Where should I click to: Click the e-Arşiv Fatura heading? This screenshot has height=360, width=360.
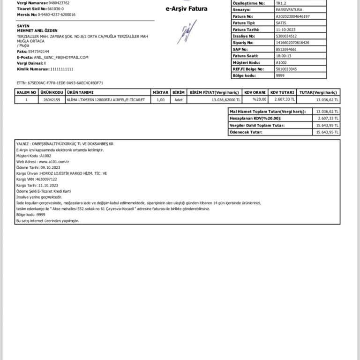pyautogui.click(x=187, y=8)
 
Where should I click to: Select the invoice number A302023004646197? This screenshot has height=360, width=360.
pyautogui.click(x=293, y=16)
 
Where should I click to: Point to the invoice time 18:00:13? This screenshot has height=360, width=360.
pyautogui.click(x=283, y=55)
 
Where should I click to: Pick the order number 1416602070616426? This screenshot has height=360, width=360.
pyautogui.click(x=293, y=42)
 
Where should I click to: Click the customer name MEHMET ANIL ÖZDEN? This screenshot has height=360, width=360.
pyautogui.click(x=37, y=30)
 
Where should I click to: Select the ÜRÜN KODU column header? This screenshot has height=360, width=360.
pyautogui.click(x=52, y=92)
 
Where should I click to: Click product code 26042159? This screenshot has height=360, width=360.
pyautogui.click(x=52, y=100)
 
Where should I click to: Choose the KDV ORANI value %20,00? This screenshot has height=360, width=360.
pyautogui.click(x=260, y=99)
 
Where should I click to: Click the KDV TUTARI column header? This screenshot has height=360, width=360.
pyautogui.click(x=283, y=92)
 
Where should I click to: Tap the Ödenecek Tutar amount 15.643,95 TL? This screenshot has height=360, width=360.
pyautogui.click(x=327, y=132)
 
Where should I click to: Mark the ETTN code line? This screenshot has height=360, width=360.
pyautogui.click(x=60, y=82)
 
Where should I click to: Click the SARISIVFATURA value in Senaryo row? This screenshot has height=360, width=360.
pyautogui.click(x=288, y=10)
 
